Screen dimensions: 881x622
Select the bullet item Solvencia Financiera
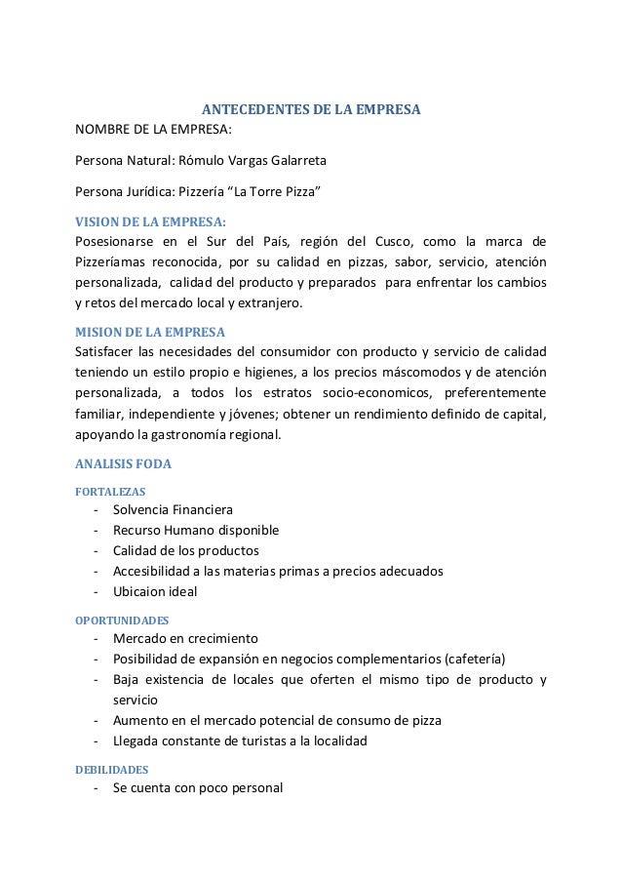tap(173, 509)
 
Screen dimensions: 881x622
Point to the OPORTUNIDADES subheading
tap(122, 619)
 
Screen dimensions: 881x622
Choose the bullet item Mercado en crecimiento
tap(185, 638)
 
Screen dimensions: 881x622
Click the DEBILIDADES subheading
tap(112, 769)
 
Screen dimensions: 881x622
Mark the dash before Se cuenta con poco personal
tap(96, 788)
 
